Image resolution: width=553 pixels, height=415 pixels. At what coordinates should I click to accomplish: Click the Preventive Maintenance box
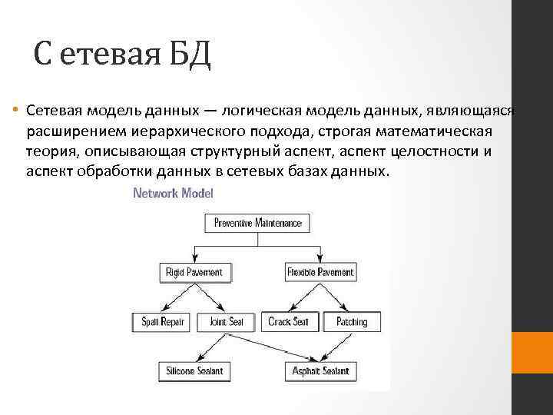tap(257, 224)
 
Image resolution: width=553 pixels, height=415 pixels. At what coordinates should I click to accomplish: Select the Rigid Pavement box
tap(194, 272)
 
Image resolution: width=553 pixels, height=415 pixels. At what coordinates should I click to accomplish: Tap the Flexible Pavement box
tap(320, 272)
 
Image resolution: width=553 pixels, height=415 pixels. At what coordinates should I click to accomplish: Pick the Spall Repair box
tap(158, 321)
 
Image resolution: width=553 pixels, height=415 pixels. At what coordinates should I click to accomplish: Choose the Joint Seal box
tap(226, 321)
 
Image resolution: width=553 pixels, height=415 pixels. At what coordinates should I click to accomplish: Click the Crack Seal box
tap(288, 321)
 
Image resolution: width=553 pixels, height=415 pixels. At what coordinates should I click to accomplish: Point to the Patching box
tap(352, 321)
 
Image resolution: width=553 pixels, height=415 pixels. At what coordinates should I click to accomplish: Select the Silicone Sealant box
tap(194, 371)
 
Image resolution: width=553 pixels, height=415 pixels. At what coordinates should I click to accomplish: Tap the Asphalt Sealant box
tap(320, 371)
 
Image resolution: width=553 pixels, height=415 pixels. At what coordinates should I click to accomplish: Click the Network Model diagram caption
tap(173, 193)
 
